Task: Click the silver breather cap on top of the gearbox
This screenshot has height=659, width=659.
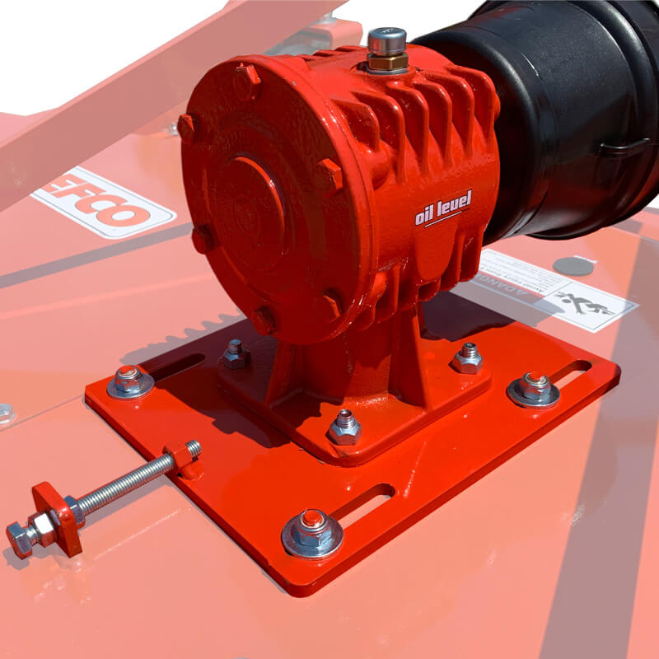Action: pos(386,40)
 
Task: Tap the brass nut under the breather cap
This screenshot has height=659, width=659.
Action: pos(386,63)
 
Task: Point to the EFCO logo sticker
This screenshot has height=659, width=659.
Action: pos(103,202)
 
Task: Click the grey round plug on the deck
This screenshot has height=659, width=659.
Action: pos(573,266)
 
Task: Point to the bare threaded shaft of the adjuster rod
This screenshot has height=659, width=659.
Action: pos(124,482)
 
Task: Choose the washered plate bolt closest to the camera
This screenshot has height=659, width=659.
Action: pos(312,530)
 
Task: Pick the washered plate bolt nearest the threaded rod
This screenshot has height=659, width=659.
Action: pos(130,381)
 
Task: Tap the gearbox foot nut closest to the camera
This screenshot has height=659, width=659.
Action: pos(344,426)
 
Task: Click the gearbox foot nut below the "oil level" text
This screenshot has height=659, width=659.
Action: pos(467,358)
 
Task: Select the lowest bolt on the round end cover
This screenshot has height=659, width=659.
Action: pos(264,320)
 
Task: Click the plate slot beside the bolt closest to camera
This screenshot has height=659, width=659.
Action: pos(362,504)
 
